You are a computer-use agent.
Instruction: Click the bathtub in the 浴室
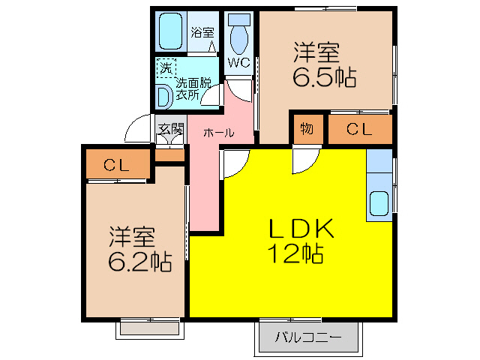(x=170, y=31)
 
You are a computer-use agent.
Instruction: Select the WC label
(x=239, y=62)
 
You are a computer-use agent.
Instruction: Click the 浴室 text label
(x=201, y=32)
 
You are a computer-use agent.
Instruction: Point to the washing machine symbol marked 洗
(x=165, y=67)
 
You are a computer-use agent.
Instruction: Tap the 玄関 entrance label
(x=170, y=128)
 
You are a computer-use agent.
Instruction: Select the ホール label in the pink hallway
(x=218, y=132)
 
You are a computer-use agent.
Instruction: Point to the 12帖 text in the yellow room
(x=295, y=254)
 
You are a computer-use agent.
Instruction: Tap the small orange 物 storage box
(x=307, y=128)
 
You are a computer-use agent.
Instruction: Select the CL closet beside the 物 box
(x=359, y=128)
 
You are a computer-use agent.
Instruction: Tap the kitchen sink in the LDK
(x=379, y=203)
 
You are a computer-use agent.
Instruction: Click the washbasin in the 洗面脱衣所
(x=163, y=97)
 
